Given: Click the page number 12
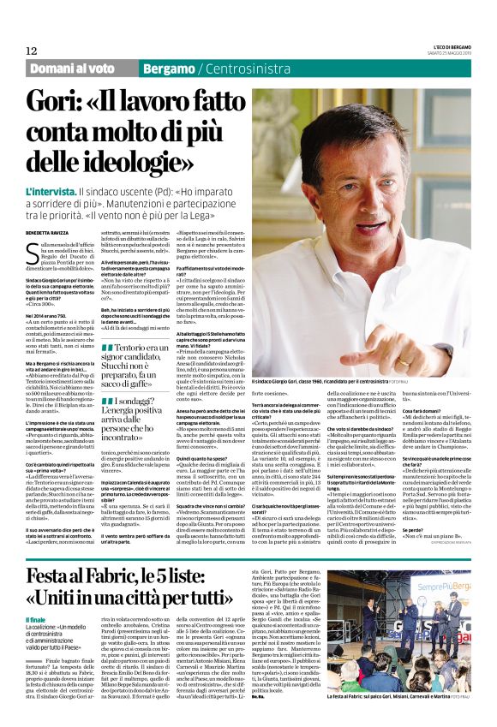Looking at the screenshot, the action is (x=31, y=51).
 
